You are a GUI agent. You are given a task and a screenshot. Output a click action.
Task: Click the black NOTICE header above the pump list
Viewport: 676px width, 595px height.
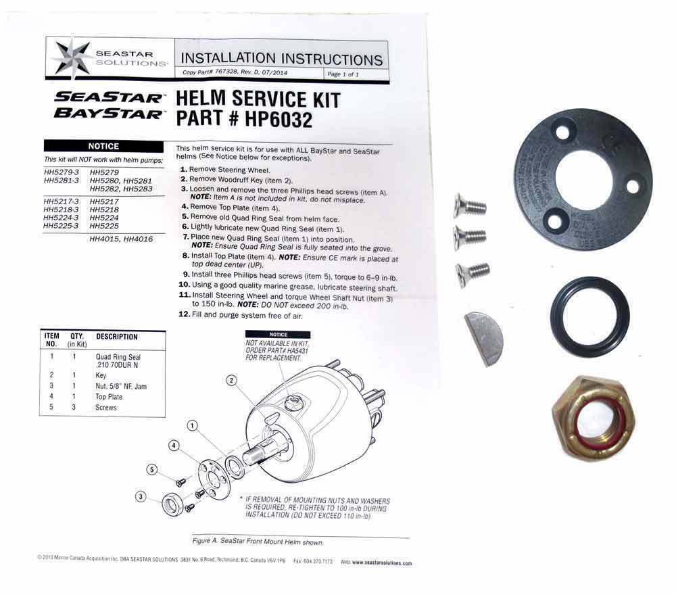(103, 146)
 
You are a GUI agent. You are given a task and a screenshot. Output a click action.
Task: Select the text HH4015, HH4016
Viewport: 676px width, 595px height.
(121, 239)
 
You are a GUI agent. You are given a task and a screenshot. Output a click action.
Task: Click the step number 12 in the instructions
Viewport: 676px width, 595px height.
(183, 315)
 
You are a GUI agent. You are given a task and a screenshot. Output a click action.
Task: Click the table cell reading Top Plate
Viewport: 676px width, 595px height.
(110, 397)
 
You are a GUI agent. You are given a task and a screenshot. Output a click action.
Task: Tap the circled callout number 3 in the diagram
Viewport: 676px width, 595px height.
(141, 497)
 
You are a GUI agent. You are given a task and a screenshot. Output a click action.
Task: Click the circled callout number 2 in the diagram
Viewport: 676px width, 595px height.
(231, 381)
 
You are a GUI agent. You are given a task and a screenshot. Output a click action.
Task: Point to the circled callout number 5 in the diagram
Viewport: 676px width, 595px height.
(153, 470)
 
